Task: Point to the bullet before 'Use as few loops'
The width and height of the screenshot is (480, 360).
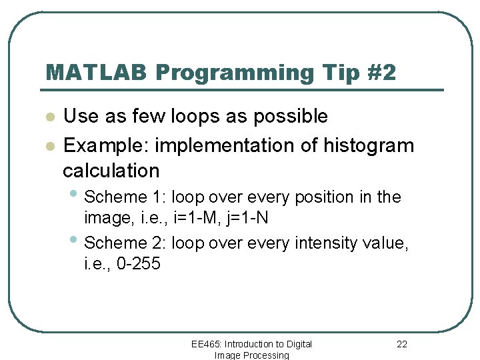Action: coord(49,117)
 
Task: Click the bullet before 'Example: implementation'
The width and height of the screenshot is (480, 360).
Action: coord(49,146)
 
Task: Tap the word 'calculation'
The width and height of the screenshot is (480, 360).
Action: coord(111,171)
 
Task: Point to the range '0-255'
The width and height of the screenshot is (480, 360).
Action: coord(139,264)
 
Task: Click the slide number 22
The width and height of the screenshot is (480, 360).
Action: coord(401,344)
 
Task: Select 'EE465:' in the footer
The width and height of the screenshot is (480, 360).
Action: coord(206,344)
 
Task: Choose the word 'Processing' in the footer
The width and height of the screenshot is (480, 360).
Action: coord(265,355)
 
